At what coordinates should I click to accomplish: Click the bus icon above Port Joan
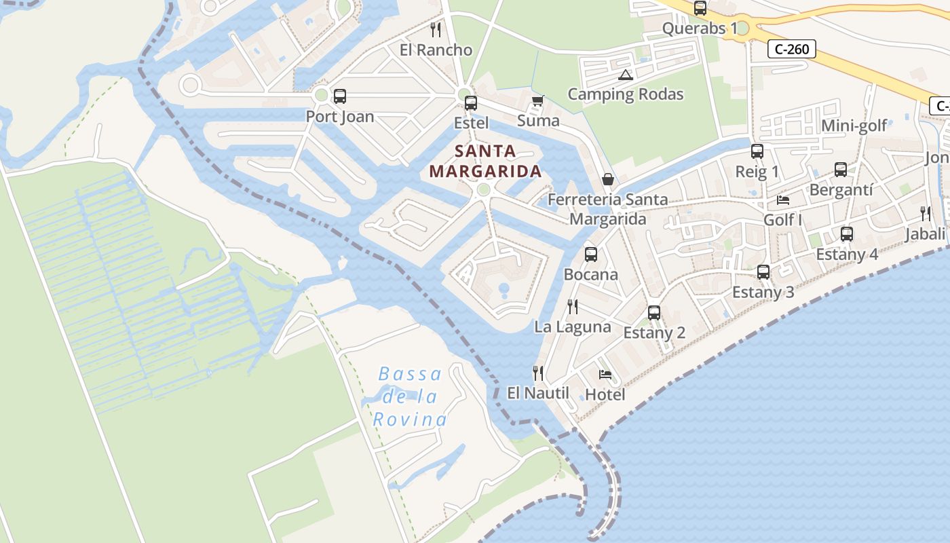(340, 96)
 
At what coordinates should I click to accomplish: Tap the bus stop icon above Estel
(471, 103)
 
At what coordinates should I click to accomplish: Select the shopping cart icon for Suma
(538, 101)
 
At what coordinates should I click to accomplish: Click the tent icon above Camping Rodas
(625, 75)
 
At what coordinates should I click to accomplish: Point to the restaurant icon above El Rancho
(436, 30)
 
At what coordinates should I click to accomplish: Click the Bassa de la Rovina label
(410, 396)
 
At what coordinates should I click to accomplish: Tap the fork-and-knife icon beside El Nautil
(538, 373)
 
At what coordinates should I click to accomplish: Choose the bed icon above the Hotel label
(605, 375)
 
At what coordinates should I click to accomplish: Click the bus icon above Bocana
(591, 255)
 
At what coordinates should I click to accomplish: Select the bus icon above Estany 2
(654, 313)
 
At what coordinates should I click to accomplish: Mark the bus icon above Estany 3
(763, 272)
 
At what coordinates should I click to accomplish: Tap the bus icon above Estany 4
(847, 234)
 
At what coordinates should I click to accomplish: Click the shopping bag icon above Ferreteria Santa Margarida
(608, 179)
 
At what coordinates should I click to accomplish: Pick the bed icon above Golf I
(783, 200)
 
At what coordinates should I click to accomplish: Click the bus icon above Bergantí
(841, 170)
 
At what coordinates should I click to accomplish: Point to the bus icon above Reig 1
(757, 151)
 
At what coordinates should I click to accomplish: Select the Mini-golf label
(854, 126)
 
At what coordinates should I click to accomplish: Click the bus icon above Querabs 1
(700, 8)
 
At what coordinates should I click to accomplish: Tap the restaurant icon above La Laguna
(573, 306)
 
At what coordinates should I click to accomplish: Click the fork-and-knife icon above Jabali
(926, 214)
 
